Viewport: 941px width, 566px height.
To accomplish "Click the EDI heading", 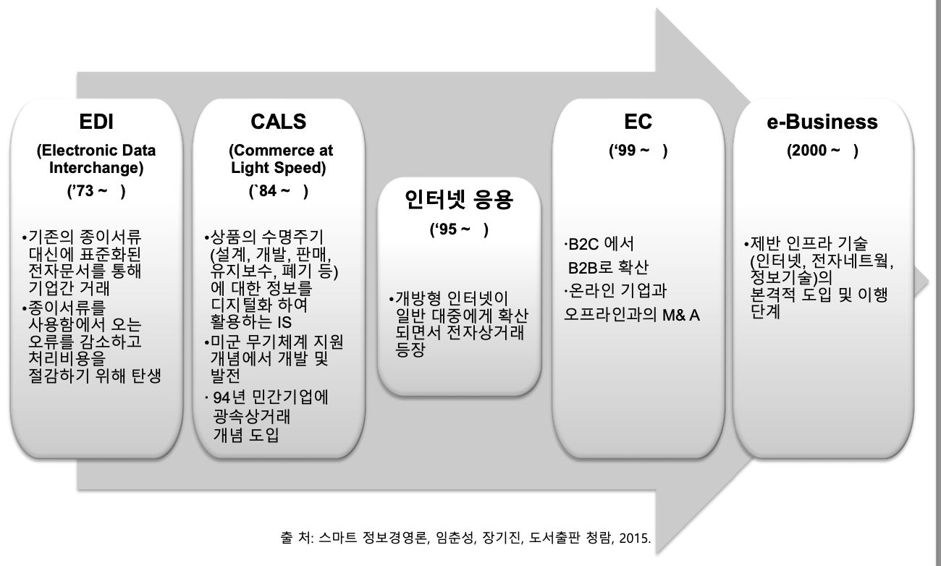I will [96, 121].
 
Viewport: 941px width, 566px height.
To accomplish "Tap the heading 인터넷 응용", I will [459, 199].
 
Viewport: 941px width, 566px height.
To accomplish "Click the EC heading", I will [638, 121].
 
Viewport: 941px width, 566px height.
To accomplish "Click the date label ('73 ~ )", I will [96, 192].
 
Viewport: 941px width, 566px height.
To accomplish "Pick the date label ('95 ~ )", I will [459, 230].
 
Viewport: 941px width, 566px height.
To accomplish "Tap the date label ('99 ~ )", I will [638, 151].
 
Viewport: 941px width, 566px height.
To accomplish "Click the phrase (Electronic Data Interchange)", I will [96, 159].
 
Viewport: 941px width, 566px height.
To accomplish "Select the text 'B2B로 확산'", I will [608, 267].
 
